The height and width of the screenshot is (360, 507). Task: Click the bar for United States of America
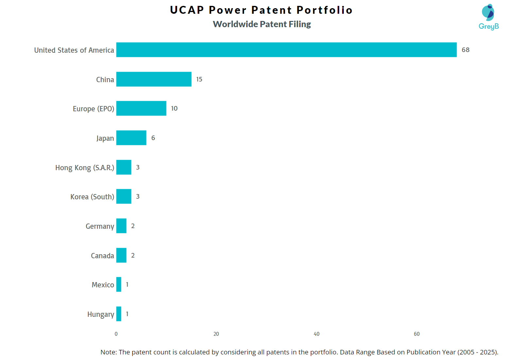pos(286,50)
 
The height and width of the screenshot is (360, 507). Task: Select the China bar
pos(154,79)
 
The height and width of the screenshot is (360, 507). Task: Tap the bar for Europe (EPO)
pos(141,108)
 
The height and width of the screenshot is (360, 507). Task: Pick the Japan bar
pos(131,138)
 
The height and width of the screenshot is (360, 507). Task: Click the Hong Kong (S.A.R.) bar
pos(124,167)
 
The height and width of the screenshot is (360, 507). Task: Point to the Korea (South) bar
pos(124,196)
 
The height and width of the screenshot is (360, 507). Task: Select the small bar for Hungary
pos(119,314)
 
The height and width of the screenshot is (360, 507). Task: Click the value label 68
pos(465,50)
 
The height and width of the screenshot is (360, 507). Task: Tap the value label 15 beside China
pos(199,79)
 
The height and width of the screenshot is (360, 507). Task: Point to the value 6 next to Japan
pos(153,138)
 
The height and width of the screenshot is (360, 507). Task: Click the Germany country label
pos(100,226)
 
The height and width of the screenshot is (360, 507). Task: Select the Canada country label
pos(102,256)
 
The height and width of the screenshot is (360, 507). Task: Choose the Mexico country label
pos(103,285)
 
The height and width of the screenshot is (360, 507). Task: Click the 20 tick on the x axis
pos(216,334)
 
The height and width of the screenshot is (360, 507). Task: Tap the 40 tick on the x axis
pos(316,334)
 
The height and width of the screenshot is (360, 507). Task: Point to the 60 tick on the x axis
pos(416,334)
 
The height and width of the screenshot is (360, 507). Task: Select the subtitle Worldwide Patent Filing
pos(262,24)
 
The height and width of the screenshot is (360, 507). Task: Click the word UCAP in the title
pos(187,10)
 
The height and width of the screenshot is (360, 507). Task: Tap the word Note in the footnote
pos(108,352)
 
